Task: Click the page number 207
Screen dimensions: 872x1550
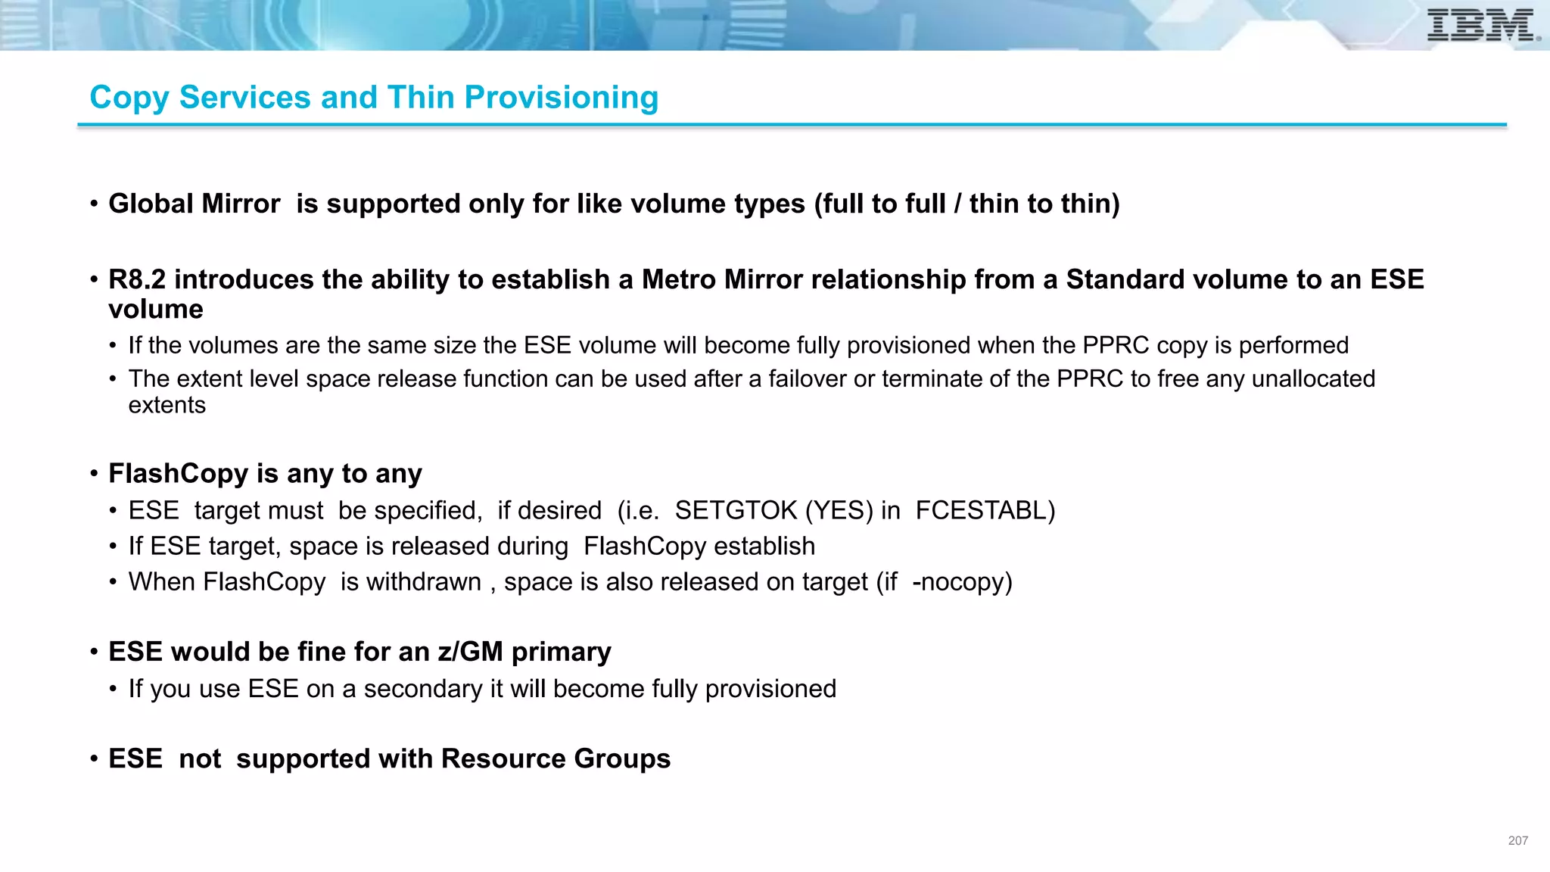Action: pos(1517,840)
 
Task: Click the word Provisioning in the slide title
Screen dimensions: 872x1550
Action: pos(561,98)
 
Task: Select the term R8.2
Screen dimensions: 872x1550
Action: pos(137,279)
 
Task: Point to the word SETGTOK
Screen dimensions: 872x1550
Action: pos(736,510)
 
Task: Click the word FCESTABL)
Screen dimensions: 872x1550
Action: pos(985,510)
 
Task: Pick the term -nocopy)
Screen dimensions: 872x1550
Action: pos(962,581)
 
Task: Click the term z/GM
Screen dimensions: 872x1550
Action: pos(470,651)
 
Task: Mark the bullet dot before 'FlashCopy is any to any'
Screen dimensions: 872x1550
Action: pos(94,474)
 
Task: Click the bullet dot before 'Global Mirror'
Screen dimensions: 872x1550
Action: pos(94,204)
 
